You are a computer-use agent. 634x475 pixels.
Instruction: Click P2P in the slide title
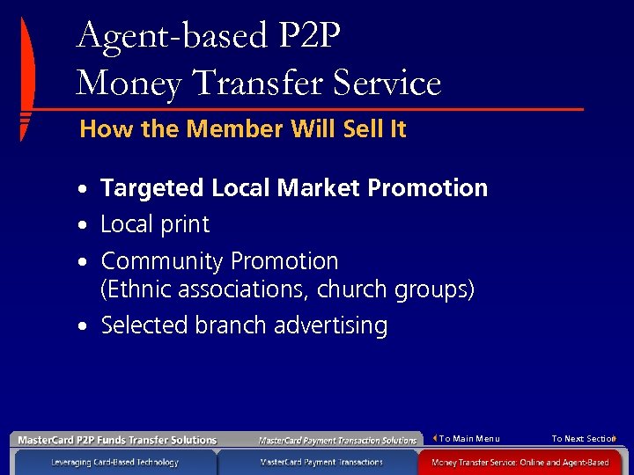309,36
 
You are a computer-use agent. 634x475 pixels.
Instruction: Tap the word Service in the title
394,83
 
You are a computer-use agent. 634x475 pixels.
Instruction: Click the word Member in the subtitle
228,129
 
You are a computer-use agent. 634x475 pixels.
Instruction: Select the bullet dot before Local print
81,226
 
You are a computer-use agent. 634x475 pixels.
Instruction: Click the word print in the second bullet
182,224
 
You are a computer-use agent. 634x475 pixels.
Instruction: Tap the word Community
162,261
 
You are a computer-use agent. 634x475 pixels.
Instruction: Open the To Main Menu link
468,438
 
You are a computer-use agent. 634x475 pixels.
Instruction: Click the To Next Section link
582,438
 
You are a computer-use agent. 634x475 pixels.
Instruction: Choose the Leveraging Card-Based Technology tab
114,462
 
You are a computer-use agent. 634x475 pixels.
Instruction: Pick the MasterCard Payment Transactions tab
321,462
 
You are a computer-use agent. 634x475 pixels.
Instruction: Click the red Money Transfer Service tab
526,462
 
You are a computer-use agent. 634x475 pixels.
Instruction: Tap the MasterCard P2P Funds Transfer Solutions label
117,440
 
